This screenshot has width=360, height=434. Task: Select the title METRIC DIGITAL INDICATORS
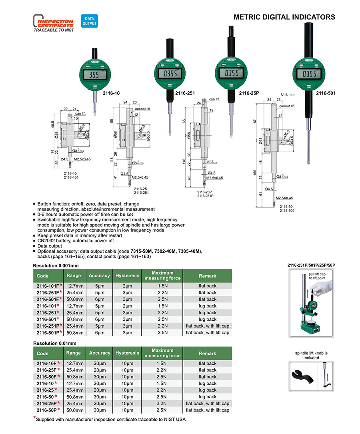[284, 17]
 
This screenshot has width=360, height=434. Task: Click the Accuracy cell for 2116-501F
[99, 299]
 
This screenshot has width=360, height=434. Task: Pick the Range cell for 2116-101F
[74, 285]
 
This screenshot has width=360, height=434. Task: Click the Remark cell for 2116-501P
[208, 333]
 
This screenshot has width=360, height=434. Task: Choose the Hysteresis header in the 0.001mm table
[127, 275]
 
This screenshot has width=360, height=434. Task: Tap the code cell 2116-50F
[48, 377]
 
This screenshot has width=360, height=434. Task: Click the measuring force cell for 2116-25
[162, 390]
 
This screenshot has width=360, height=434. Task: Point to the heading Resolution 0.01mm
[54, 343]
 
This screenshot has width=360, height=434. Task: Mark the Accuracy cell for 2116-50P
[99, 410]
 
